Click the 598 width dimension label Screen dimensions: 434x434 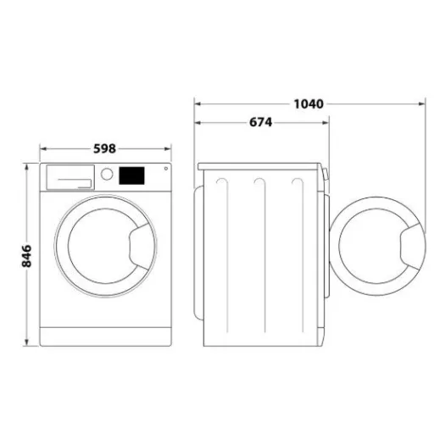pos(104,149)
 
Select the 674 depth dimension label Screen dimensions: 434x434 pos(260,122)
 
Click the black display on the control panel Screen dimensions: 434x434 pos(131,176)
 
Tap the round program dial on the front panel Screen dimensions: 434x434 pos(108,175)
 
